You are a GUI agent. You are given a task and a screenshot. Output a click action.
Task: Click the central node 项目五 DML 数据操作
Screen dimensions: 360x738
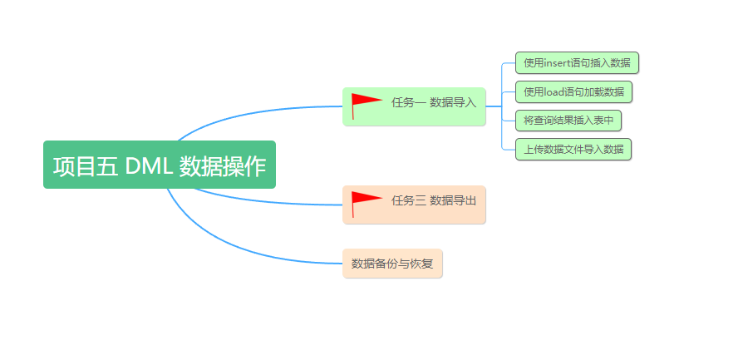(x=159, y=165)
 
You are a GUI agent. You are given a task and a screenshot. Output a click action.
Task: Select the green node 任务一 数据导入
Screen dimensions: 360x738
(x=414, y=106)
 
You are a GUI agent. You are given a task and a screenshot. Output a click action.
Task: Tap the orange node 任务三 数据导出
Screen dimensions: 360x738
(x=414, y=205)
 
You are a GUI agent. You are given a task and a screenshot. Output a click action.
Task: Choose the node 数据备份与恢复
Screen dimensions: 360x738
(x=392, y=264)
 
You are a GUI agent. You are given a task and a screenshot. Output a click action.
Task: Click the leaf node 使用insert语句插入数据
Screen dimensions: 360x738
(x=577, y=62)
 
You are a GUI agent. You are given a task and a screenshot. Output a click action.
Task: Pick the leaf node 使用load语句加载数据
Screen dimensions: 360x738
(x=573, y=91)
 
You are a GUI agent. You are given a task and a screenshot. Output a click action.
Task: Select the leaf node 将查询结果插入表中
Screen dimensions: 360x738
(x=568, y=121)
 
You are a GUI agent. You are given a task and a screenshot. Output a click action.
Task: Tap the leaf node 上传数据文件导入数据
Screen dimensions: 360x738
(x=573, y=150)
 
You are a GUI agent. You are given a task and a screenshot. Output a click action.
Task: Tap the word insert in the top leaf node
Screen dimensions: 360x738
(x=559, y=62)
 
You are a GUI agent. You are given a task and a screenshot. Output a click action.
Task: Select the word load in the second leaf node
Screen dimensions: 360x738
(x=553, y=91)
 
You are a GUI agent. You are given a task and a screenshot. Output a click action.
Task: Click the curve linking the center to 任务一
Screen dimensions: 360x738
(x=249, y=111)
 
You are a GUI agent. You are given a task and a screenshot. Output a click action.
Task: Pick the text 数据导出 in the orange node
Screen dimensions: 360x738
(x=453, y=200)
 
